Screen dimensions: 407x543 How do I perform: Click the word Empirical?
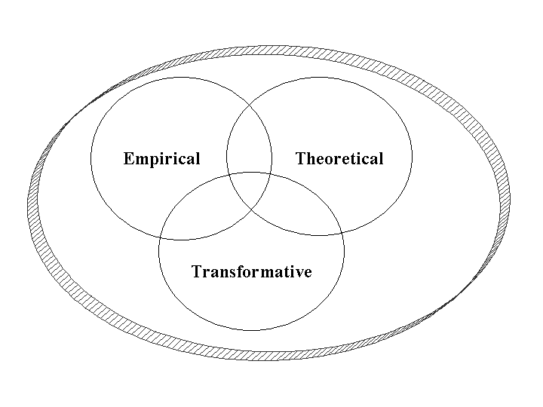click(161, 159)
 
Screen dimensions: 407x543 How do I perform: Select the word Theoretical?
click(339, 159)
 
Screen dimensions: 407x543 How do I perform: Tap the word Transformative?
click(251, 272)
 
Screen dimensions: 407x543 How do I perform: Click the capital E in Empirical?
click(128, 159)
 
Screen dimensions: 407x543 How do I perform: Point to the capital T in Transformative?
click(197, 272)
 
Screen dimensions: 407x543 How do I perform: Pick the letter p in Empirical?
click(152, 161)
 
